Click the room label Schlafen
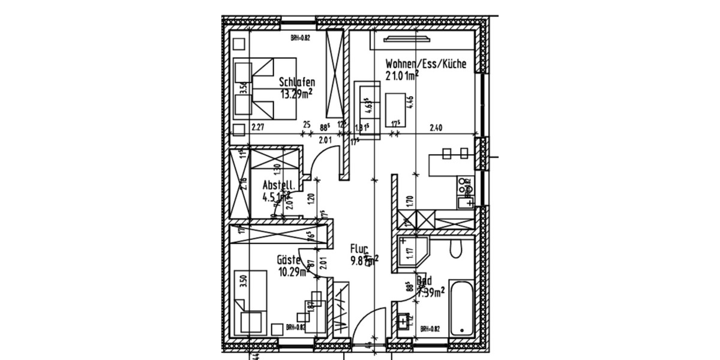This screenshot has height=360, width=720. pyautogui.click(x=297, y=83)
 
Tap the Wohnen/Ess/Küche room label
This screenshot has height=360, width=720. pyautogui.click(x=425, y=64)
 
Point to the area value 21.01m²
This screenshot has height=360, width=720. pyautogui.click(x=401, y=75)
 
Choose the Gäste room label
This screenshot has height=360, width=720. pyautogui.click(x=289, y=260)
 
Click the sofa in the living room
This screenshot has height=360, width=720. pyautogui.click(x=367, y=108)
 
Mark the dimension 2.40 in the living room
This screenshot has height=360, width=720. pyautogui.click(x=437, y=127)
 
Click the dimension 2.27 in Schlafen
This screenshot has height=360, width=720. pyautogui.click(x=258, y=127)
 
